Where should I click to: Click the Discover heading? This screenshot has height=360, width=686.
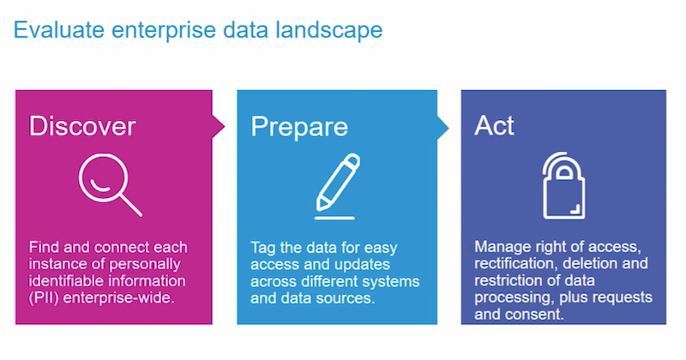[x=82, y=126]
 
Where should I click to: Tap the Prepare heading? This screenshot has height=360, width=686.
[x=299, y=128]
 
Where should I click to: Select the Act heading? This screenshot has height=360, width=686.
[x=494, y=126]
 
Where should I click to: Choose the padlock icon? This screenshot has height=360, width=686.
[x=563, y=185]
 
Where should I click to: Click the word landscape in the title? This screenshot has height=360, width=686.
[x=328, y=30]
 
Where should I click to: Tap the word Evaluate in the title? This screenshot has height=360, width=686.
[x=59, y=30]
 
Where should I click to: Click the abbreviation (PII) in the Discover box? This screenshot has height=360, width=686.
[x=44, y=298]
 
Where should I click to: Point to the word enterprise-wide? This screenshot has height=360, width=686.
[x=118, y=298]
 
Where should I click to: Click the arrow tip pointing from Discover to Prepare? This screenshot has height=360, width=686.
[x=224, y=127]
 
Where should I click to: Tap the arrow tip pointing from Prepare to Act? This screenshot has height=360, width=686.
[x=448, y=128]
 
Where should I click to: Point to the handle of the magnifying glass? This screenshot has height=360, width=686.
[x=131, y=206]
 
